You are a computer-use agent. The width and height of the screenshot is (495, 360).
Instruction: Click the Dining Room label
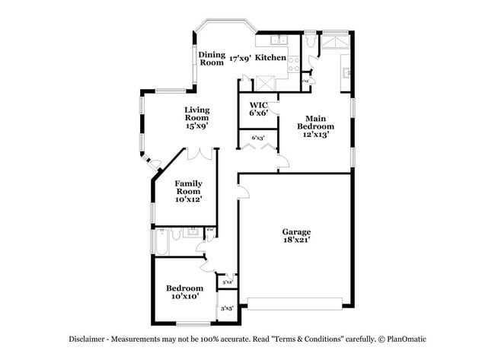(212, 59)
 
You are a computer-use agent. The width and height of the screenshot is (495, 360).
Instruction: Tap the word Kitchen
(270, 57)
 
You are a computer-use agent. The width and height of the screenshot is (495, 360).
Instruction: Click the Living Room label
(196, 113)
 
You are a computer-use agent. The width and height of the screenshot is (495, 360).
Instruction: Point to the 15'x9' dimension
(196, 126)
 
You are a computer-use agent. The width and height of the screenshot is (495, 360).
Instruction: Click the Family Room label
(188, 187)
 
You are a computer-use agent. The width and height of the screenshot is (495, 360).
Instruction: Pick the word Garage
(296, 231)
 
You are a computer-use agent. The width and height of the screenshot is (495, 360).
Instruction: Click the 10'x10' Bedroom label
(185, 288)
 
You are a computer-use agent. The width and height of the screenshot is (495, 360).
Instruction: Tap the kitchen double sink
(282, 40)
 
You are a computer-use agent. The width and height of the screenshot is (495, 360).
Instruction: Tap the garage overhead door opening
(295, 308)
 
